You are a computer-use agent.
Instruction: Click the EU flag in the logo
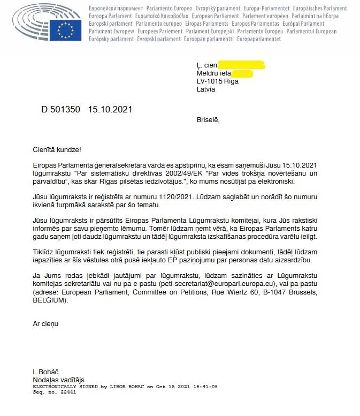[x=65, y=30]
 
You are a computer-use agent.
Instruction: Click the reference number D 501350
[x=60, y=110]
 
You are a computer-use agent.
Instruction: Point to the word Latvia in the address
[x=206, y=89]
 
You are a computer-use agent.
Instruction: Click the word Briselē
[x=208, y=120]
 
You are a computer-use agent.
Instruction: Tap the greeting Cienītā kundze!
[x=57, y=151]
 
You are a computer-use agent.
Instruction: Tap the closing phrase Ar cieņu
[x=45, y=324]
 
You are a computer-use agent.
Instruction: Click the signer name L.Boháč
[x=47, y=372]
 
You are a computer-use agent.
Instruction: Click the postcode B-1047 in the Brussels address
[x=262, y=293]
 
